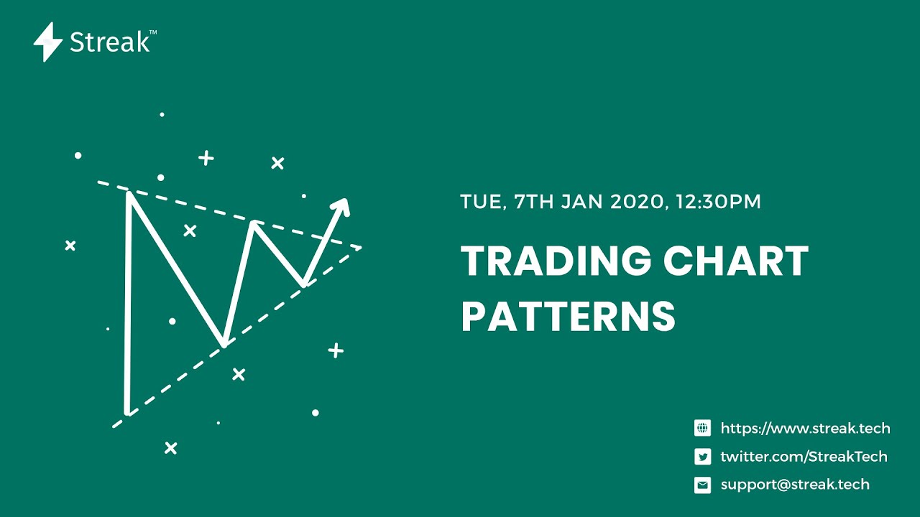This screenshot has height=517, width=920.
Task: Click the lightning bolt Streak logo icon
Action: click(x=48, y=42)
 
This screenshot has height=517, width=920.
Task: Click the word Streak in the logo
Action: click(x=109, y=42)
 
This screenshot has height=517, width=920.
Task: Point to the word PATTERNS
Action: click(x=568, y=317)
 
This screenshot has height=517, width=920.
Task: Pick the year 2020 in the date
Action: click(x=635, y=202)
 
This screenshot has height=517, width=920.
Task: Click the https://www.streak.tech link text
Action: click(x=805, y=429)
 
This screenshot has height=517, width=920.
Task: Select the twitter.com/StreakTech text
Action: click(x=804, y=457)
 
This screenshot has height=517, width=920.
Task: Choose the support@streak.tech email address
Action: click(x=795, y=485)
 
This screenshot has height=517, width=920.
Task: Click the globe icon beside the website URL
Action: click(x=702, y=429)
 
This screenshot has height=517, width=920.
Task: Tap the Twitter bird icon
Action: click(x=702, y=457)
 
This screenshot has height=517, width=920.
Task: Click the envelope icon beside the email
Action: click(x=702, y=485)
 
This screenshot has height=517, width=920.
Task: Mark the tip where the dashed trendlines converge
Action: click(x=360, y=248)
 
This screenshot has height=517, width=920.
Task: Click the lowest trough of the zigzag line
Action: click(x=127, y=412)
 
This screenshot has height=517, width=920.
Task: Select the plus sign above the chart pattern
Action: click(x=206, y=158)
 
